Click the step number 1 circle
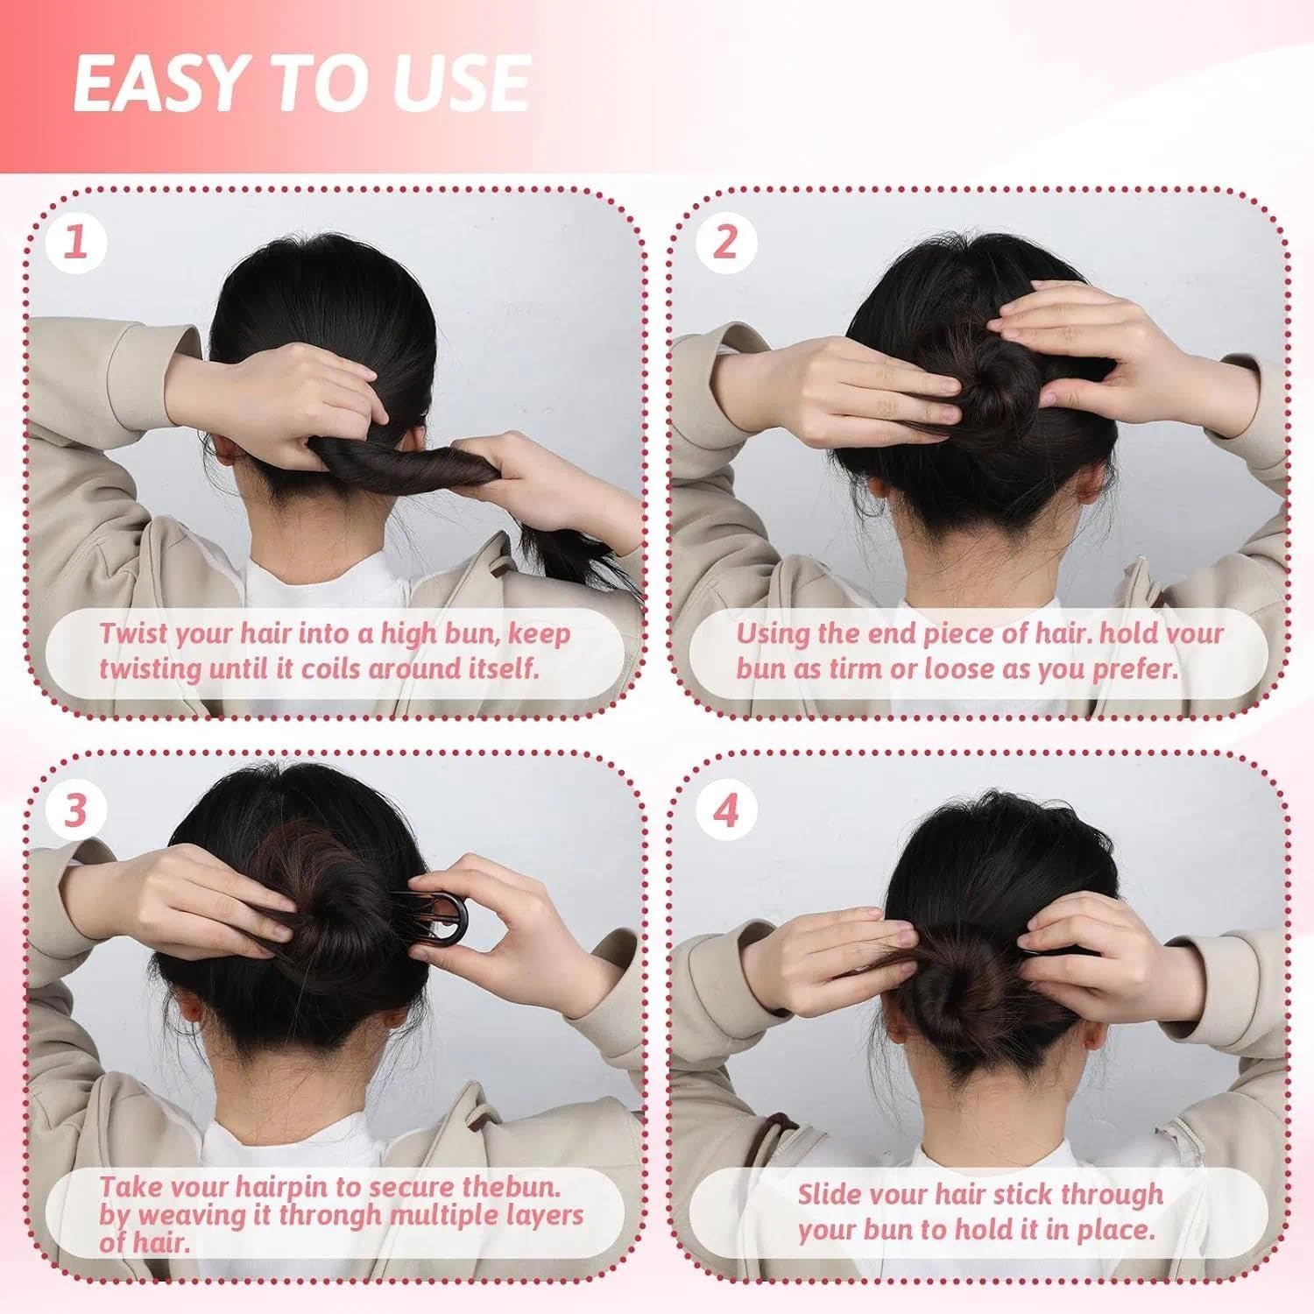tap(77, 242)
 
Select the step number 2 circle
tap(724, 242)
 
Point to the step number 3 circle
tap(77, 810)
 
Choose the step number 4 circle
tap(724, 810)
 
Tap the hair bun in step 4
tap(981, 981)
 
